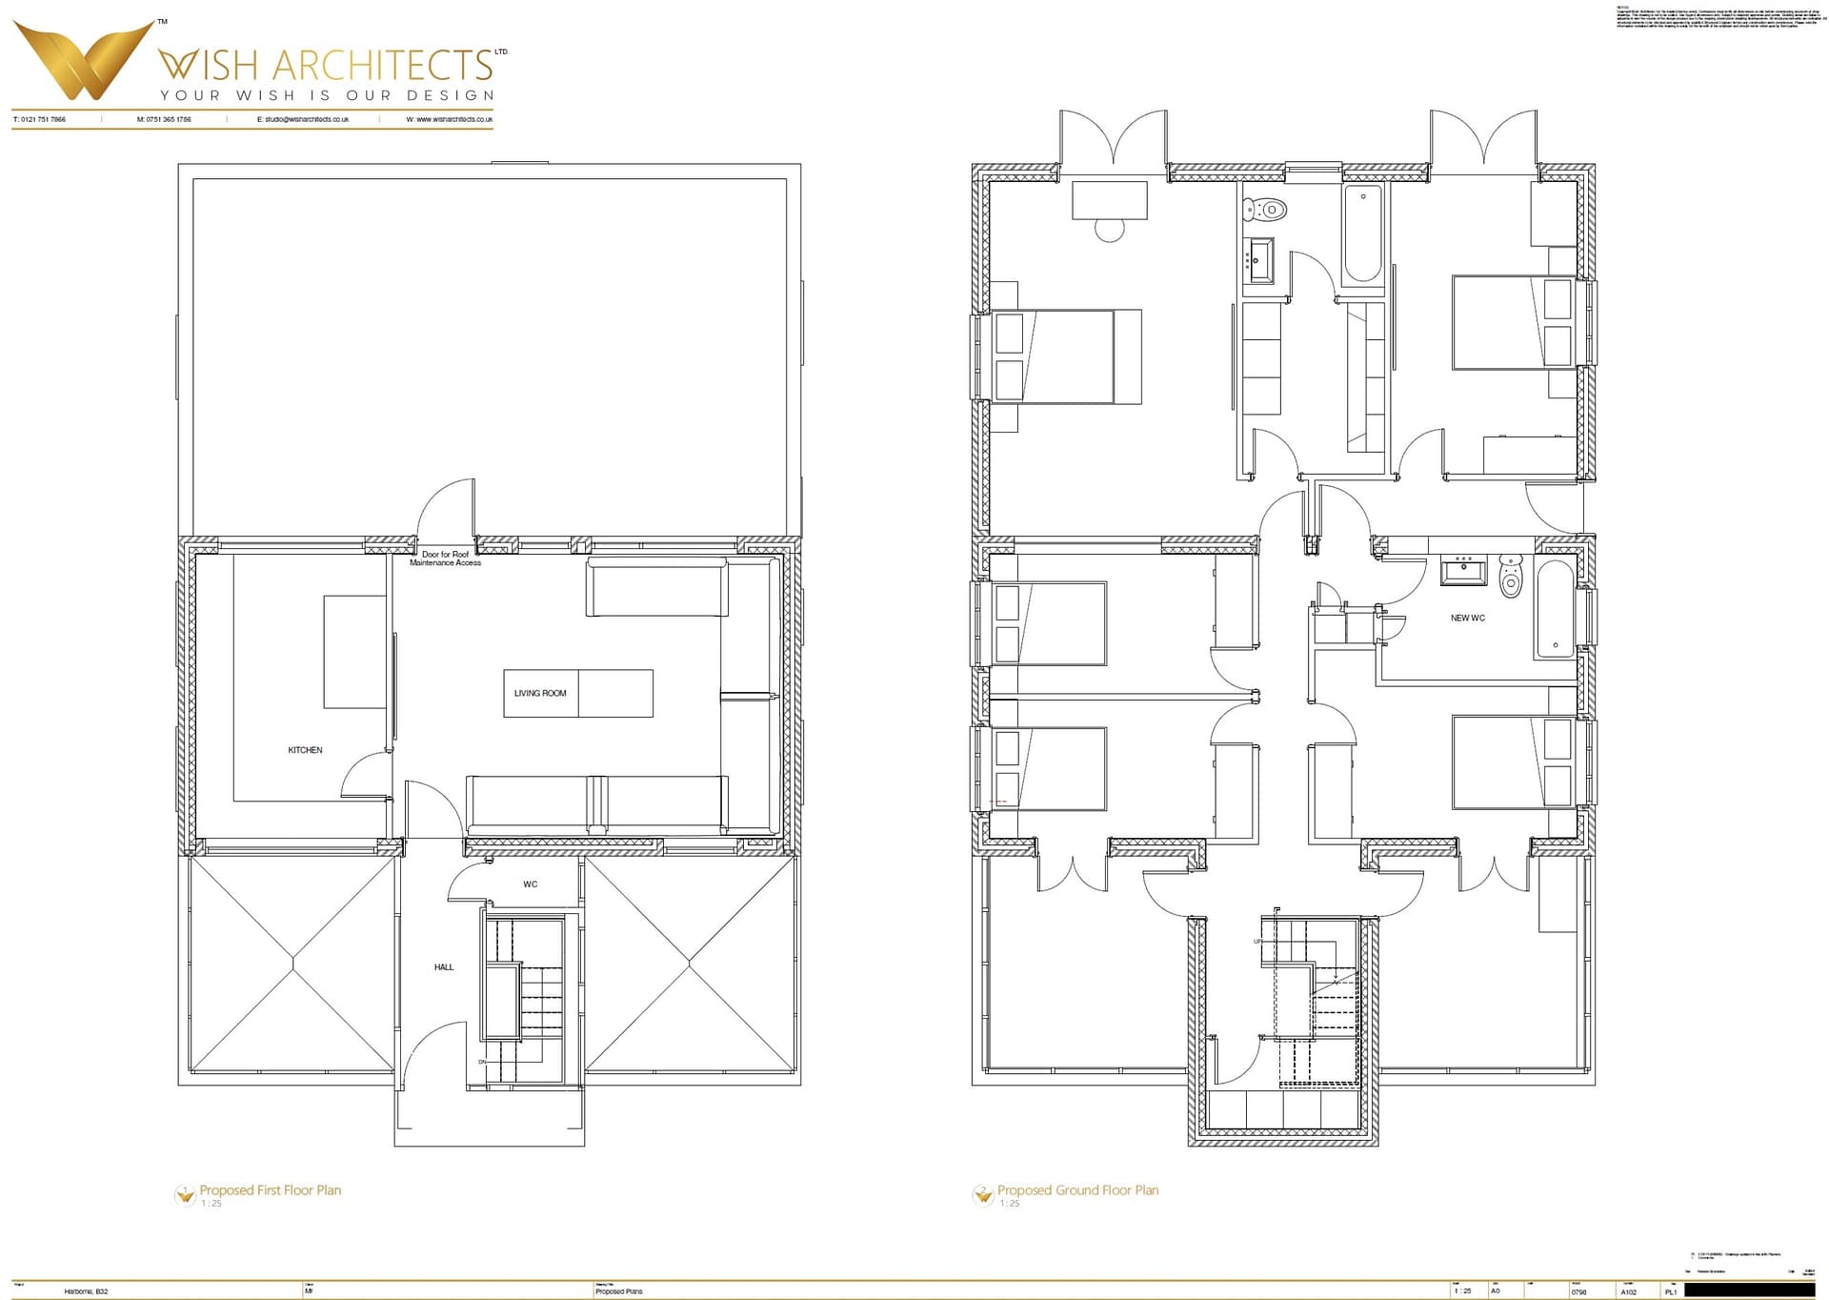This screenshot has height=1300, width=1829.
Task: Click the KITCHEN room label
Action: [x=305, y=750]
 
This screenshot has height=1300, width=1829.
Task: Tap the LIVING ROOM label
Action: [x=540, y=693]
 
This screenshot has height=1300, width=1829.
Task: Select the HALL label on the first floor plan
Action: [x=444, y=967]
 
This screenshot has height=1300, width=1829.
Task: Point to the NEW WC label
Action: [x=1467, y=618]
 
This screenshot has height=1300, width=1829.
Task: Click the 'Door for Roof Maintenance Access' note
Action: [x=445, y=559]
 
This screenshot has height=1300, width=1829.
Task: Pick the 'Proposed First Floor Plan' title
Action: [x=270, y=1190]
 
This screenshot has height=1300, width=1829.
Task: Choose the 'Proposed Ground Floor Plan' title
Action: [x=1077, y=1190]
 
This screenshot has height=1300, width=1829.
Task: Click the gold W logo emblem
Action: [x=84, y=60]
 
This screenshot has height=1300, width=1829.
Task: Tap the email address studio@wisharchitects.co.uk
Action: [x=303, y=119]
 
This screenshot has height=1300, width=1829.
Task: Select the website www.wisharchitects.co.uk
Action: [x=450, y=119]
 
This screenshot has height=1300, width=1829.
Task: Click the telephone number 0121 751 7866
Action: [x=40, y=119]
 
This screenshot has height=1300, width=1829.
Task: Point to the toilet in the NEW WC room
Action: [x=1511, y=576]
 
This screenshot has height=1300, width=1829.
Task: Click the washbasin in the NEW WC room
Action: [x=1462, y=571]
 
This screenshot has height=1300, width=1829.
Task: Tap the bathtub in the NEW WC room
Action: [x=1555, y=609]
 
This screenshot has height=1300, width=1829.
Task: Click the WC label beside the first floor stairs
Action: [x=530, y=884]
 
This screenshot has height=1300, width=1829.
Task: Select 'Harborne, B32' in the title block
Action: [x=86, y=1291]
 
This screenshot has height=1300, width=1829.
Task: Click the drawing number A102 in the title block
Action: [x=1629, y=1292]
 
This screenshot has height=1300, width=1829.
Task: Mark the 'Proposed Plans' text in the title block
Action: [x=619, y=1291]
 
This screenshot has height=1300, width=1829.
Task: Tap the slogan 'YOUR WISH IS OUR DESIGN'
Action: [x=327, y=95]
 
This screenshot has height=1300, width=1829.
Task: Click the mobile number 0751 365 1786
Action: [x=164, y=119]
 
